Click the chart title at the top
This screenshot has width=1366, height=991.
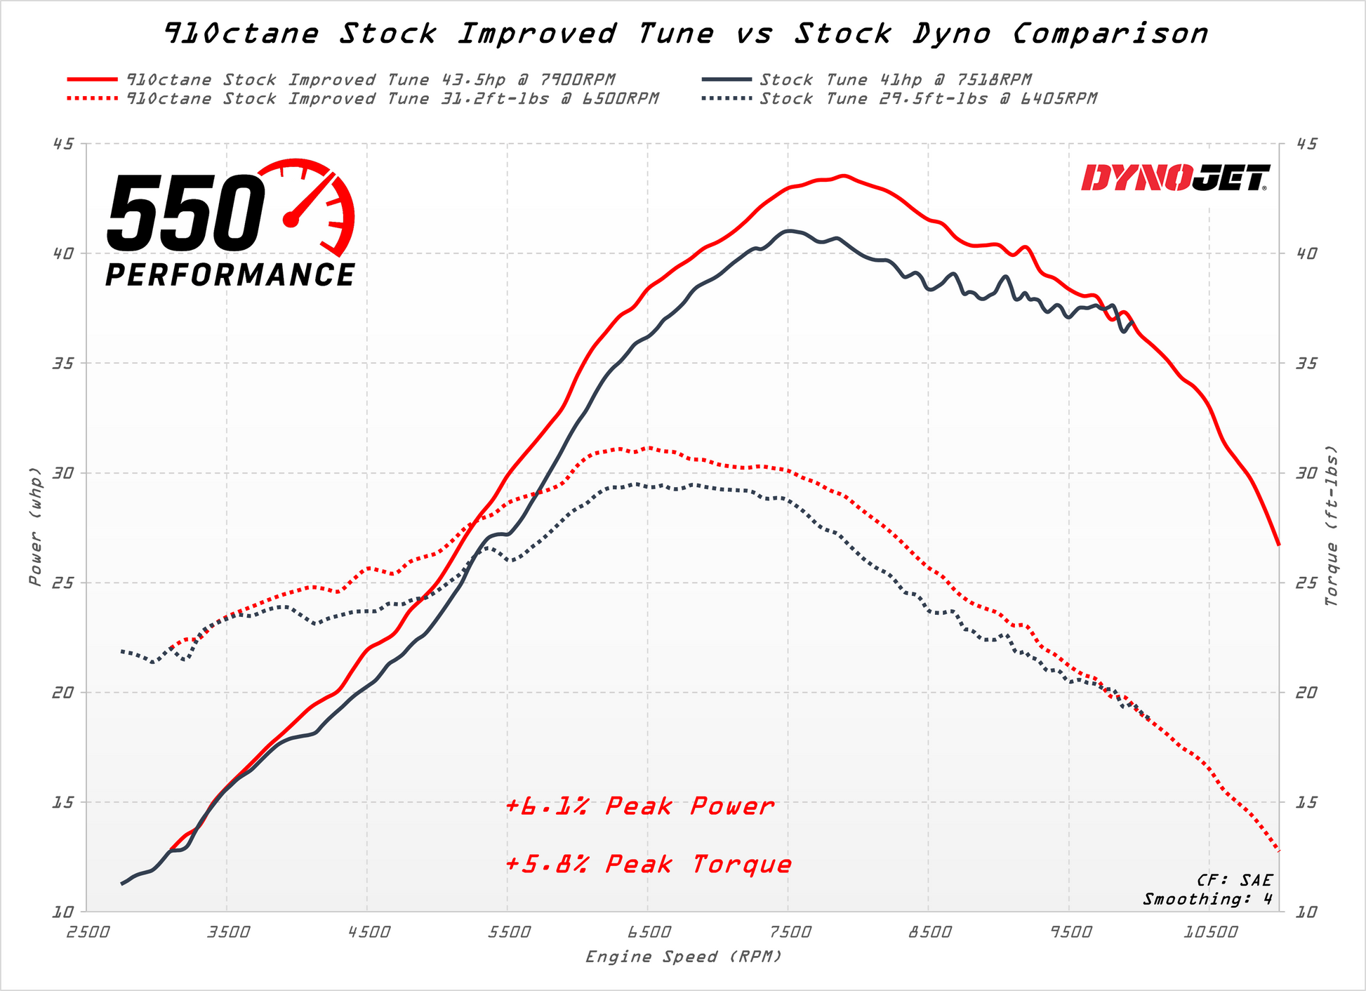(686, 34)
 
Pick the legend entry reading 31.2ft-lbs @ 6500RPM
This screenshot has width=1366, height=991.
(392, 99)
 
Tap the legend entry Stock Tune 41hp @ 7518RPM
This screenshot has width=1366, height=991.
(895, 80)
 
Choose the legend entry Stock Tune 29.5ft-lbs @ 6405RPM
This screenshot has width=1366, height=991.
(927, 99)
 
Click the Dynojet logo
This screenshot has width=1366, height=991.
(1176, 178)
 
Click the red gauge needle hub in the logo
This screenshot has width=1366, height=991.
(291, 220)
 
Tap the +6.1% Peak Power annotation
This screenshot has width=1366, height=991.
(639, 806)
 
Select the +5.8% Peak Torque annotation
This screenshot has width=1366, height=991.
(648, 864)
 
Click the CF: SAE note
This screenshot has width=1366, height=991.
(1234, 880)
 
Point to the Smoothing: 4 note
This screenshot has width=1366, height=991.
(1207, 899)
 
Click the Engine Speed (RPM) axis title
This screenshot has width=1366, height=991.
(683, 957)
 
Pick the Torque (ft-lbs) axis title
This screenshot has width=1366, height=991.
(1331, 526)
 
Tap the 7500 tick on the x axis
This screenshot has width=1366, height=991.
(789, 933)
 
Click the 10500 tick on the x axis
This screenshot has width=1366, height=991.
(1209, 933)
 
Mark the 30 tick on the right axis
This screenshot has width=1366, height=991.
(1306, 473)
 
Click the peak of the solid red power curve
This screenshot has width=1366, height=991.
(844, 175)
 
